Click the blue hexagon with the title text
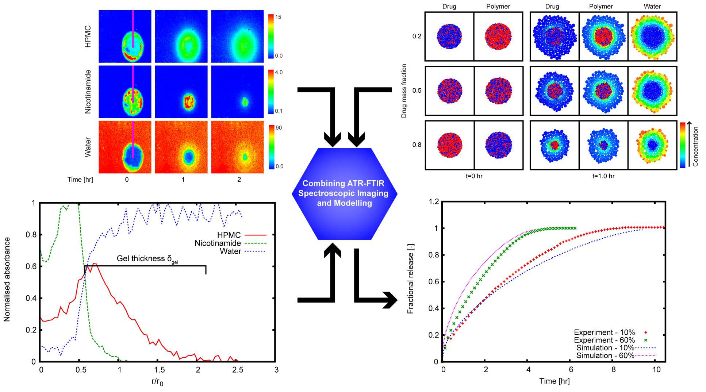(344, 193)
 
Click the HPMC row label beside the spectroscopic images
(88, 36)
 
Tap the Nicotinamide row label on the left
(88, 92)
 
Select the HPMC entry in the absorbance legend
(229, 235)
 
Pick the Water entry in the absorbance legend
(230, 251)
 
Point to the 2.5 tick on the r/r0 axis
(238, 370)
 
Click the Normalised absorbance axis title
(7, 279)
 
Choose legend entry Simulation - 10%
(605, 348)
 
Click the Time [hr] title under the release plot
(554, 381)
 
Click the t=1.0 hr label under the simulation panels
(603, 176)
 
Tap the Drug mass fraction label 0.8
(417, 145)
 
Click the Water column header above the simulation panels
(652, 7)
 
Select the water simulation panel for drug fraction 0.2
(652, 36)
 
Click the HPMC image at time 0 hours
(125, 36)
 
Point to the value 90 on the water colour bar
(279, 128)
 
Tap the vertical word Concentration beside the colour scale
(695, 146)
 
